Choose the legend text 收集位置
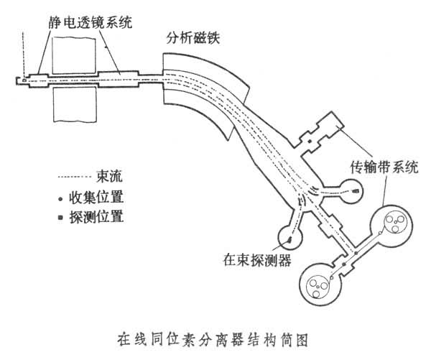click(x=99, y=198)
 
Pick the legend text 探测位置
click(x=99, y=217)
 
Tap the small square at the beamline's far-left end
click(x=24, y=80)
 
